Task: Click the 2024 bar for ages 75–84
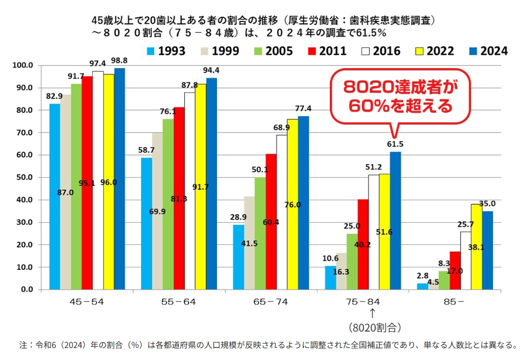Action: click(395, 220)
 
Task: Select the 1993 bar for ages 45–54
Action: click(55, 196)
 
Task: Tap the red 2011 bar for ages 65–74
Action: click(271, 221)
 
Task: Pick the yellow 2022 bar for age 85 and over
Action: click(476, 247)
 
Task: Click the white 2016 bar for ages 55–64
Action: click(190, 191)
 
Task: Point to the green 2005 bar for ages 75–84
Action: click(352, 261)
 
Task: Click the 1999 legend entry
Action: click(220, 51)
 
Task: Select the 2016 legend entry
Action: click(381, 51)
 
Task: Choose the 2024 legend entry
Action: click(488, 51)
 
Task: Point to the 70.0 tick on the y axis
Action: click(25, 133)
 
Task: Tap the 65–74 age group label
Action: click(270, 302)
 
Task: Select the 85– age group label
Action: click(453, 302)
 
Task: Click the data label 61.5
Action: click(395, 144)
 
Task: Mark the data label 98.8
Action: click(119, 61)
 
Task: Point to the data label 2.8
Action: click(422, 275)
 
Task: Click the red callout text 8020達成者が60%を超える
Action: click(400, 97)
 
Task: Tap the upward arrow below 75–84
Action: click(372, 313)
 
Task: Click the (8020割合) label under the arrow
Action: click(375, 327)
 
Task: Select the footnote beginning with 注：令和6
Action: click(268, 344)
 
